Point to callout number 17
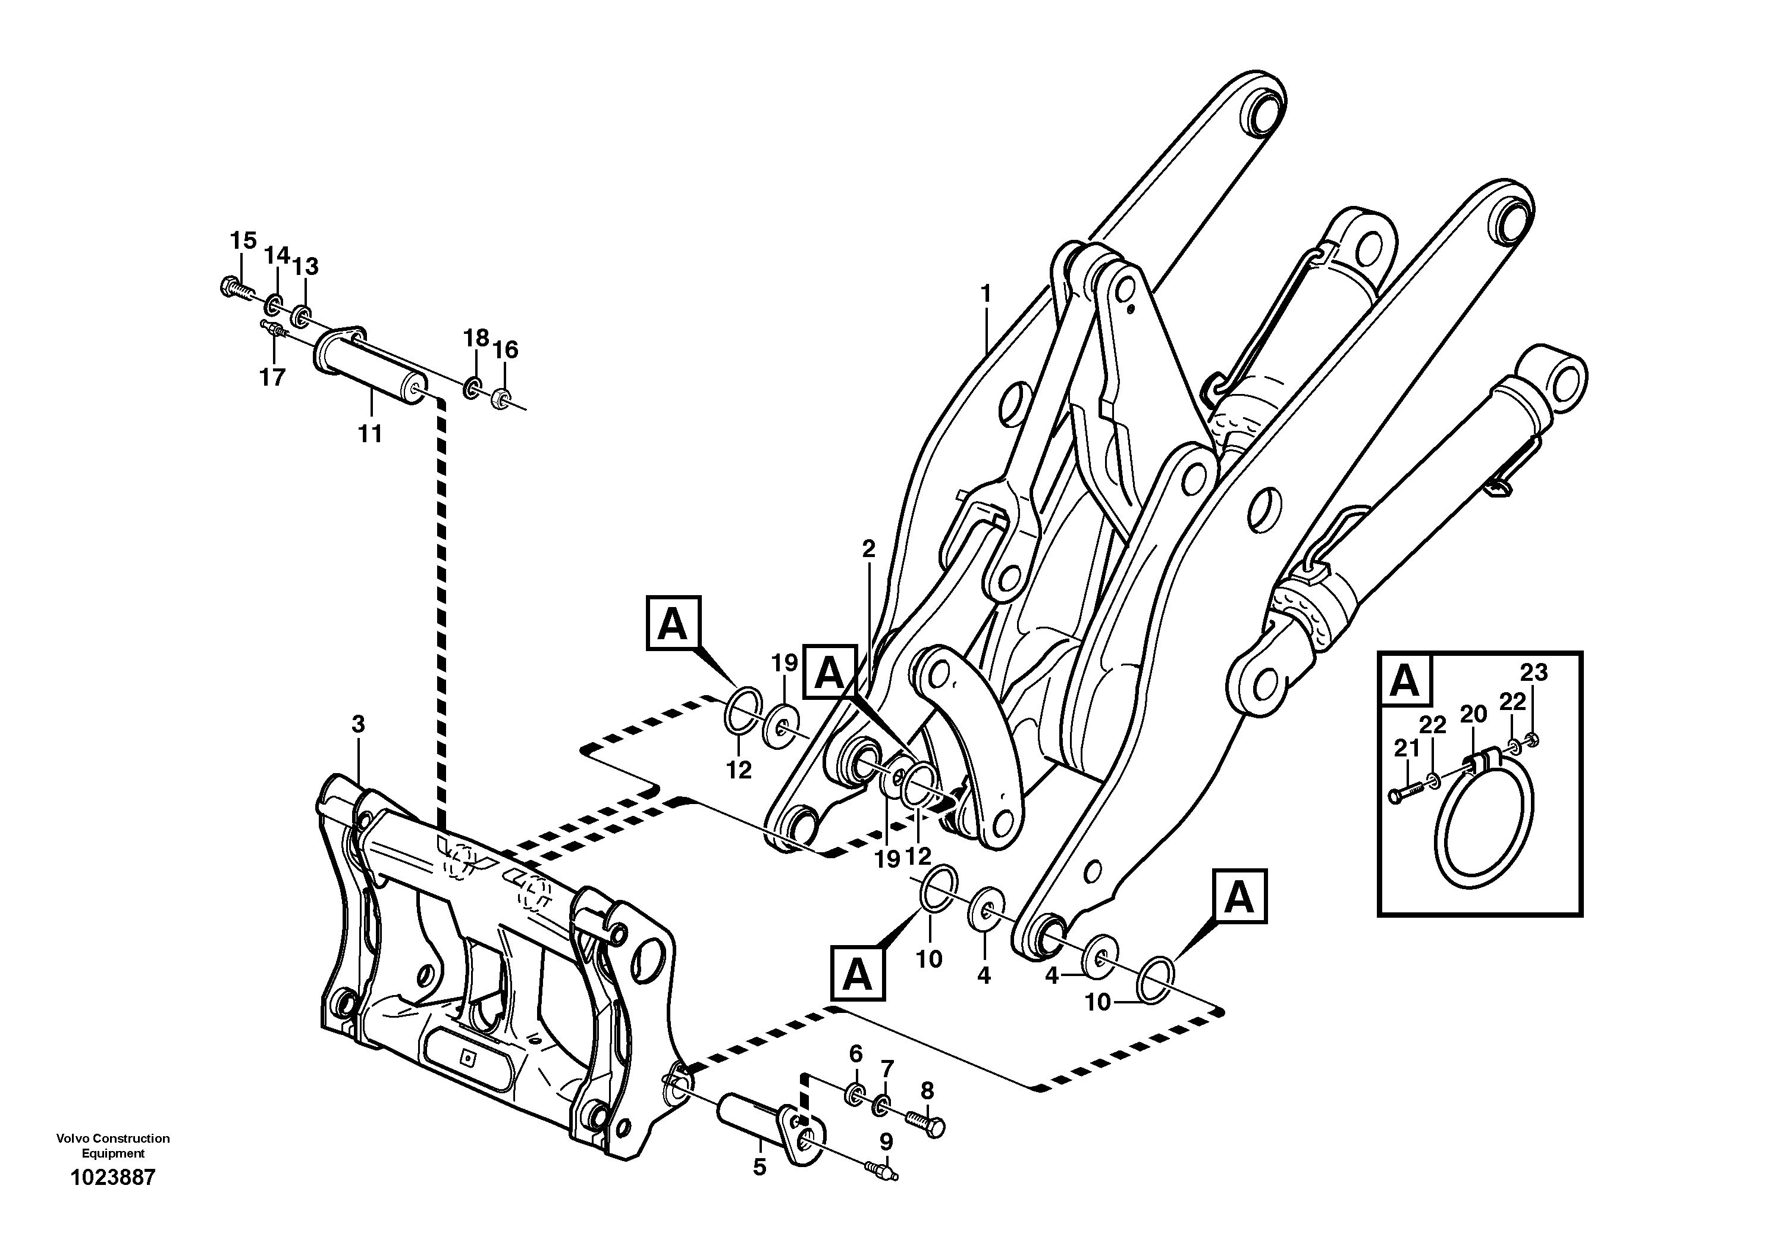[x=272, y=377]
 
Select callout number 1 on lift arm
[x=986, y=294]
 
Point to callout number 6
[x=856, y=1053]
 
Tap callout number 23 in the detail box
[x=1533, y=673]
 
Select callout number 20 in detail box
[x=1473, y=714]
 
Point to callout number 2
[x=869, y=549]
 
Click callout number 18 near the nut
[x=476, y=338]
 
